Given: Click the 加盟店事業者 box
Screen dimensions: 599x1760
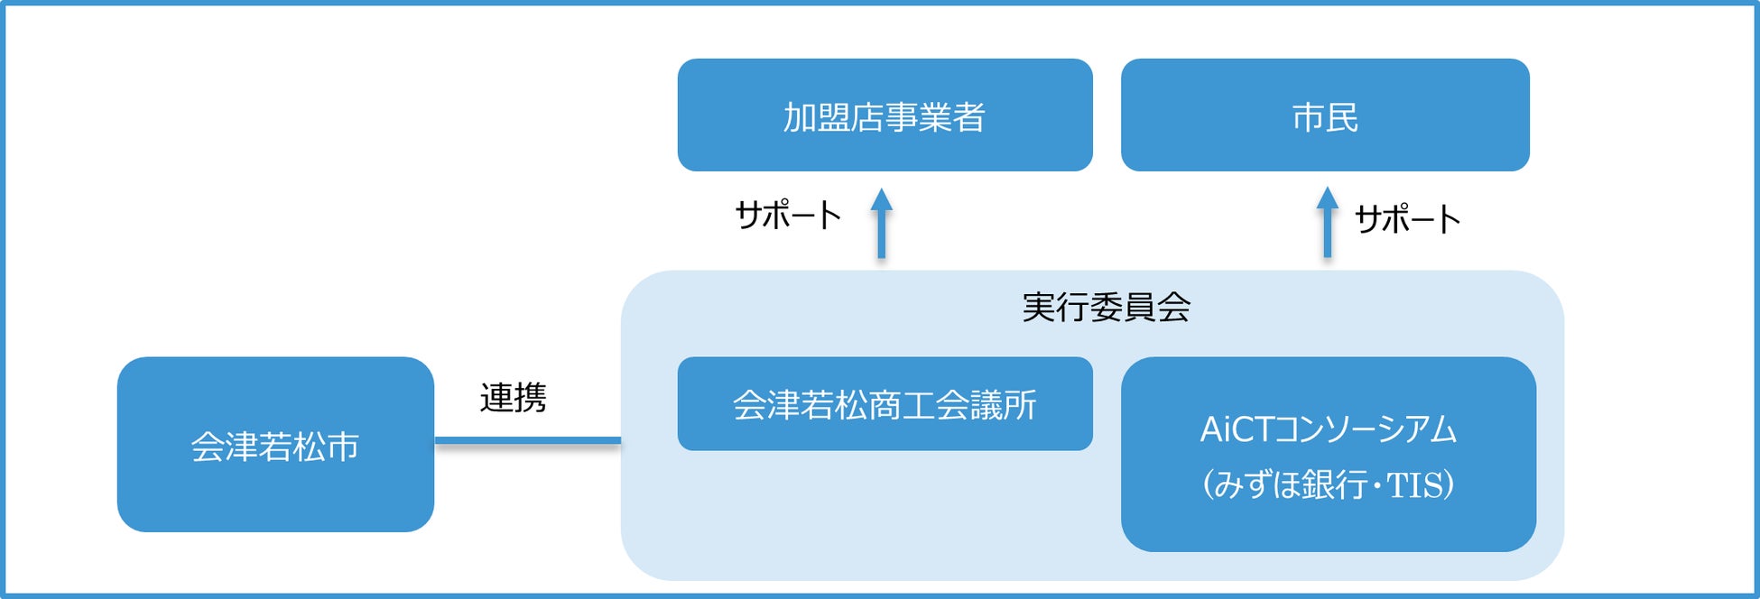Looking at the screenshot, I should pos(885,115).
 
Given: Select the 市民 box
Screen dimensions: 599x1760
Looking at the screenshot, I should pos(1324,115).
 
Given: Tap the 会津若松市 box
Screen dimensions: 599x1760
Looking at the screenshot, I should pos(275,445).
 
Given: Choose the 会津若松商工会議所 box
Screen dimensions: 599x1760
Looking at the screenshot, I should pos(885,404).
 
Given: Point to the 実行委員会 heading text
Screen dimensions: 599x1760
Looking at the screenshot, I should pos(1106,308).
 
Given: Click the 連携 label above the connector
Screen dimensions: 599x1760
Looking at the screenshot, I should pos(513,398).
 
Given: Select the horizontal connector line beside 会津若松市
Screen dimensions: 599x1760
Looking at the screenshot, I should pos(527,441).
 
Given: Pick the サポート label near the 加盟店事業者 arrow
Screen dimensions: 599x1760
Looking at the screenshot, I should pos(788,216).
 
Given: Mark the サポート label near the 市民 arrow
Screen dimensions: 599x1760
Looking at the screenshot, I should pos(1407,219).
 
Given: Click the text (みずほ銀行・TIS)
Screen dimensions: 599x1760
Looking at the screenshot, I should pos(1328,485).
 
